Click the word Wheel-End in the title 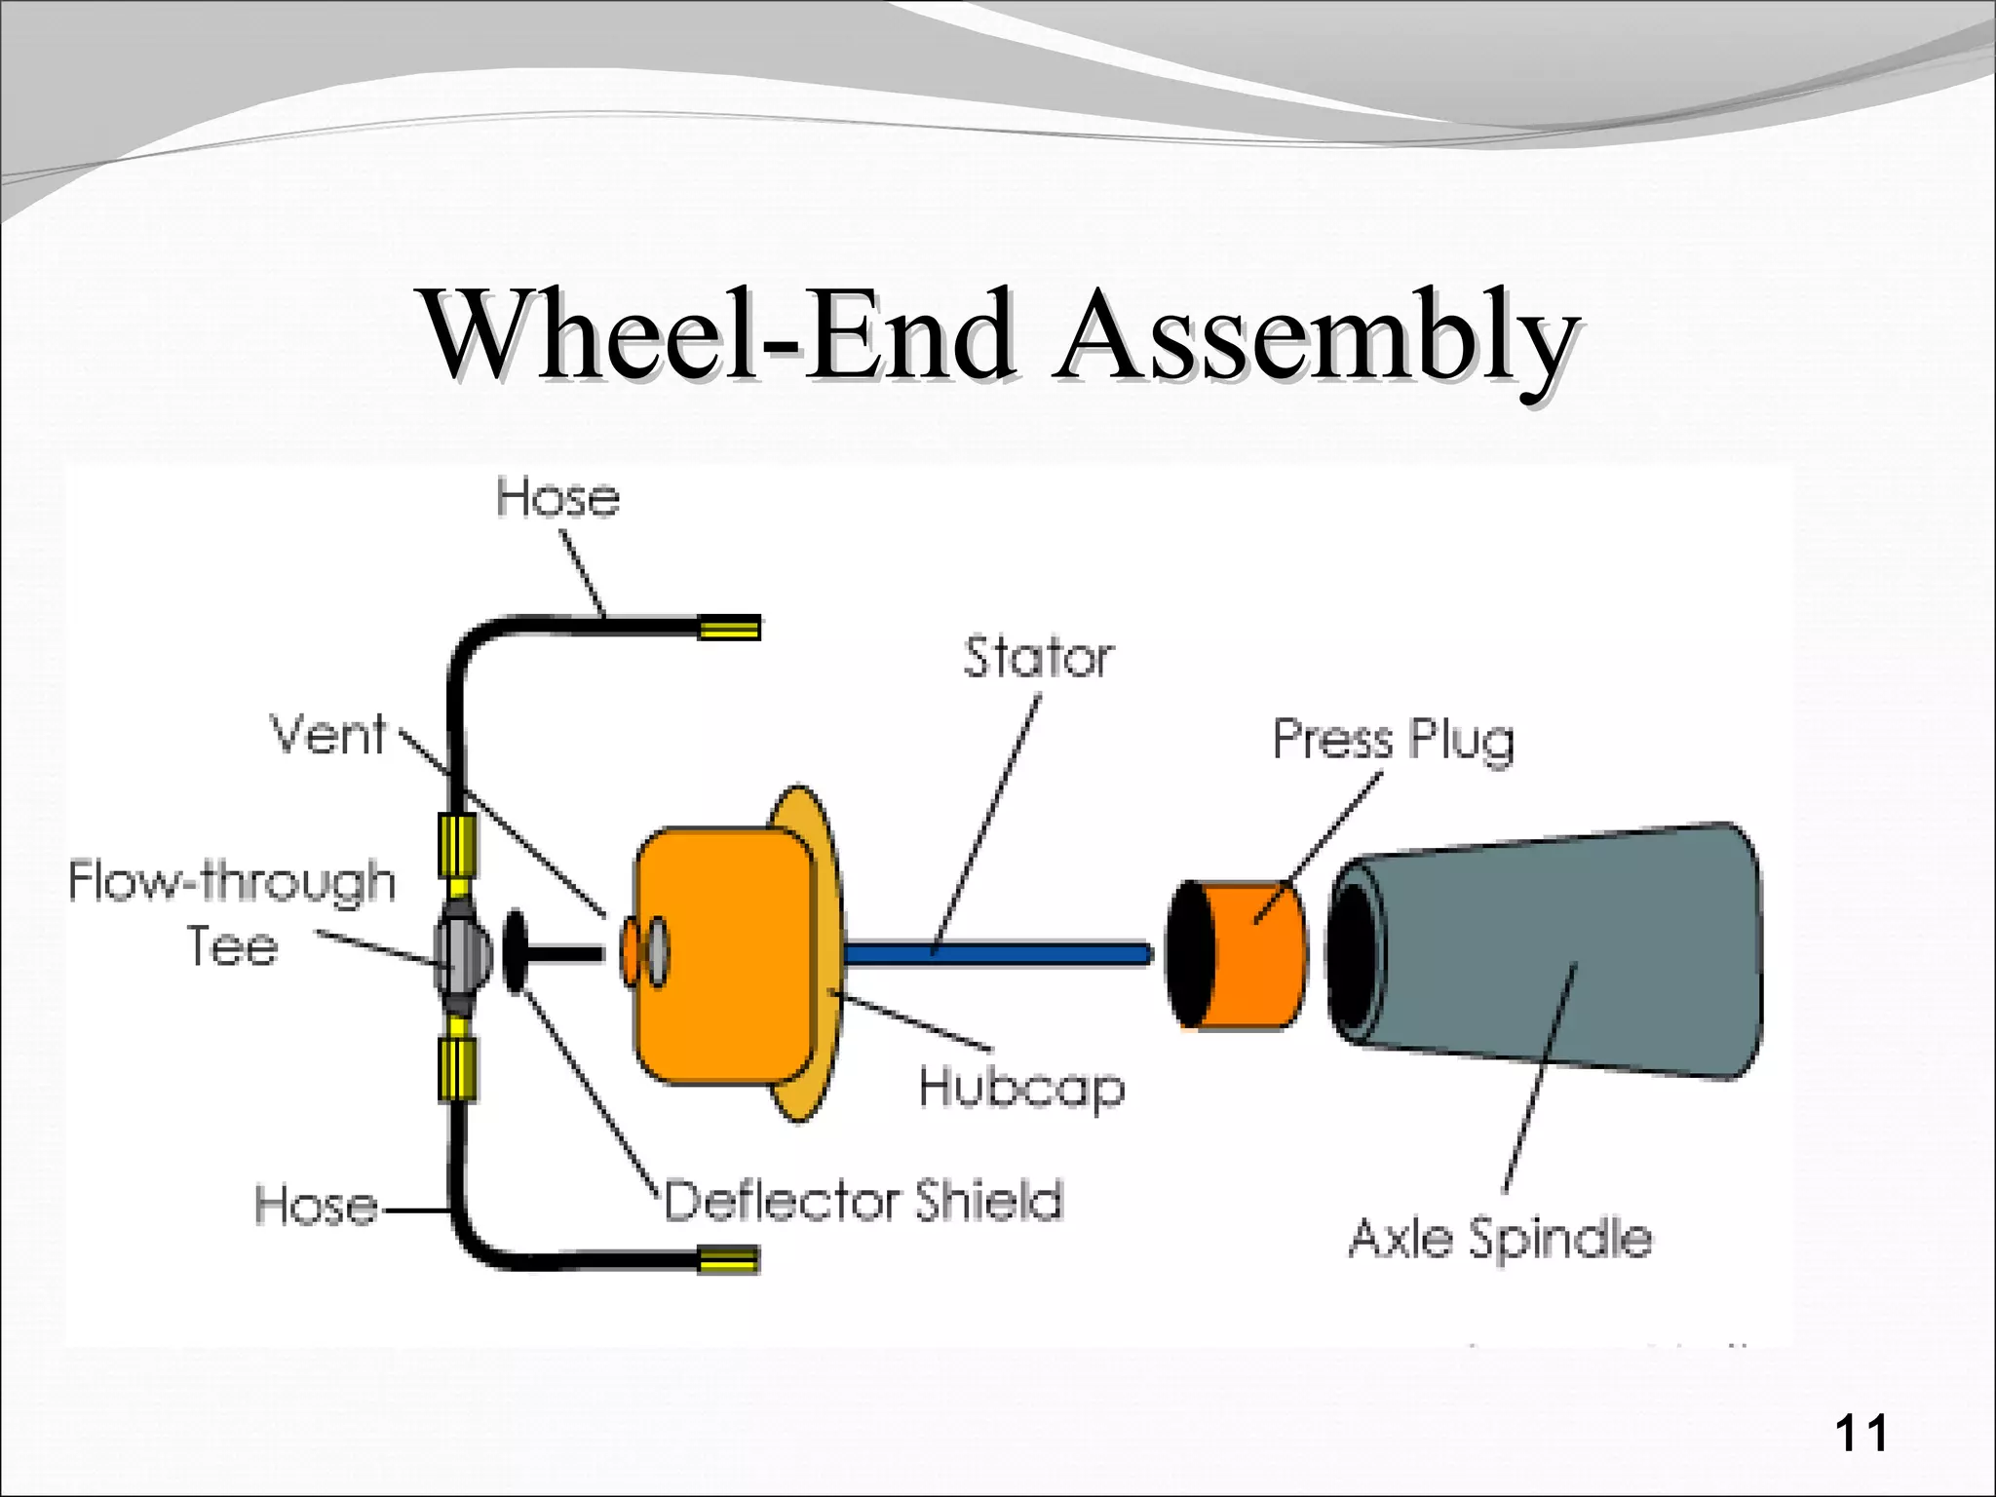pyautogui.click(x=716, y=336)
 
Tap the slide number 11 pyautogui.click(x=1861, y=1434)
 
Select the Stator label pyautogui.click(x=1038, y=658)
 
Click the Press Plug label pyautogui.click(x=1394, y=740)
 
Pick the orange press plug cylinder pyautogui.click(x=1257, y=955)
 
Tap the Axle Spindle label pyautogui.click(x=1501, y=1239)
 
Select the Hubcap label pyautogui.click(x=1021, y=1087)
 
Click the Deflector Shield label pyautogui.click(x=864, y=1200)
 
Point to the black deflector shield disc pyautogui.click(x=516, y=952)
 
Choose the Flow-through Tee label pyautogui.click(x=232, y=911)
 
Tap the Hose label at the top pyautogui.click(x=557, y=498)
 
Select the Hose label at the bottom pyautogui.click(x=316, y=1206)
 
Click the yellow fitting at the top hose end pyautogui.click(x=730, y=628)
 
